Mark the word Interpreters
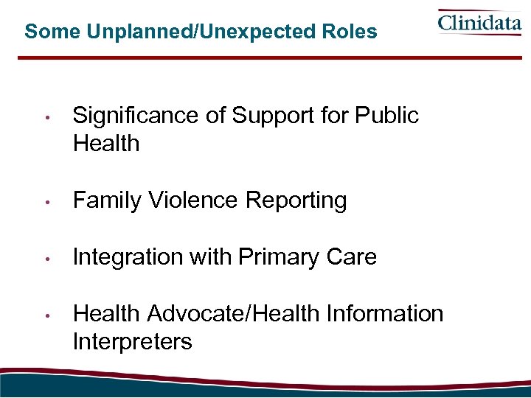click(x=133, y=342)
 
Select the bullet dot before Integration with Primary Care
click(x=46, y=259)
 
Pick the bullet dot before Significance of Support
click(x=46, y=117)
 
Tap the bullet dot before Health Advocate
click(x=46, y=315)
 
